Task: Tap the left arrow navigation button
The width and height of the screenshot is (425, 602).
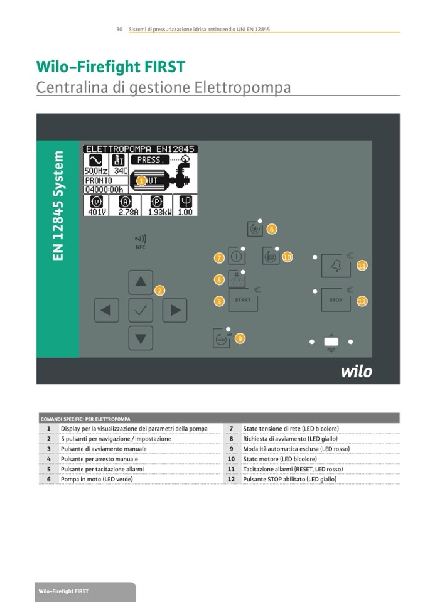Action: coord(107,309)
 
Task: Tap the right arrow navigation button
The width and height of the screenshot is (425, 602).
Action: coord(175,309)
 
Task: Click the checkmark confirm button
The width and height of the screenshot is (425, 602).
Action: coord(141,309)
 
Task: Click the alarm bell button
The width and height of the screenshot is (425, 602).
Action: coord(336,266)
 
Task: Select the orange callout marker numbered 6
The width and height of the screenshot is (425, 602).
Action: coord(272,229)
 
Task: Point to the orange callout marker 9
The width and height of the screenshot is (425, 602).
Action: coord(240,338)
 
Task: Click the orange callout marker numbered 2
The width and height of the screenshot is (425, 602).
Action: coord(160,290)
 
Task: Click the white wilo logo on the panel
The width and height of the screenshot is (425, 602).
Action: coord(356,371)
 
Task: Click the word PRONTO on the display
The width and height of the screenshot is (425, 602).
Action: coord(99,180)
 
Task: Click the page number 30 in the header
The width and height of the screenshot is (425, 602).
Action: coord(119,30)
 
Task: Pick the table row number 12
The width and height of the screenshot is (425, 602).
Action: coord(231,479)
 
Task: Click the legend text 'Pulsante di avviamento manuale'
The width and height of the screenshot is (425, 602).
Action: coord(104,449)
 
